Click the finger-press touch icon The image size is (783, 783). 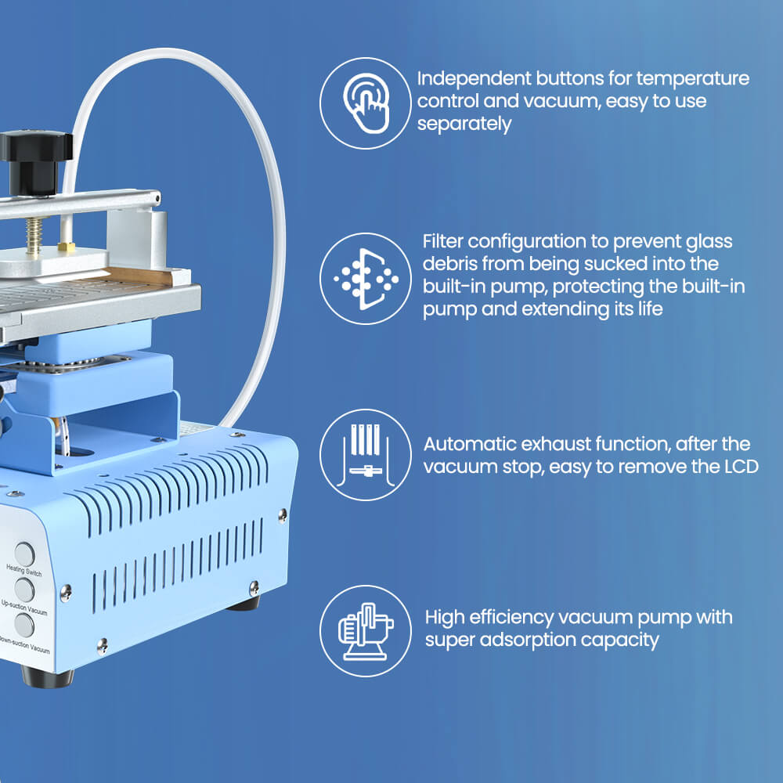(x=366, y=103)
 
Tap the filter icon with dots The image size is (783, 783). (x=366, y=279)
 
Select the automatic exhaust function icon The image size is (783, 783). (x=366, y=455)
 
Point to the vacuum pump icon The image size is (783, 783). (x=366, y=631)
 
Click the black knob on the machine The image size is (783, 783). (x=35, y=162)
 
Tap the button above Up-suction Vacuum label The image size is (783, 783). (x=24, y=590)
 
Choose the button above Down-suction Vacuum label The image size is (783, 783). (x=24, y=625)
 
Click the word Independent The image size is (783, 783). (x=474, y=79)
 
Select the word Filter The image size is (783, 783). (x=442, y=241)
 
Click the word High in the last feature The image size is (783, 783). (x=445, y=618)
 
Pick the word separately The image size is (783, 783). (x=464, y=124)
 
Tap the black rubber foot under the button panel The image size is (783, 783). (x=48, y=677)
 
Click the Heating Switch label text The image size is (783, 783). (x=23, y=570)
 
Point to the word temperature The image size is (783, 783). (x=692, y=79)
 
